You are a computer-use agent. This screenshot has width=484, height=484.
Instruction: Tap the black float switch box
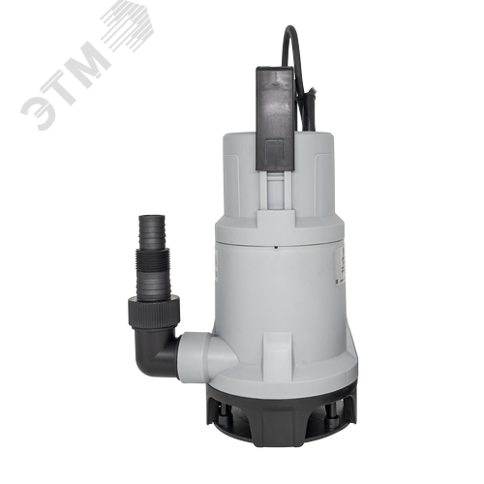coord(275,118)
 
